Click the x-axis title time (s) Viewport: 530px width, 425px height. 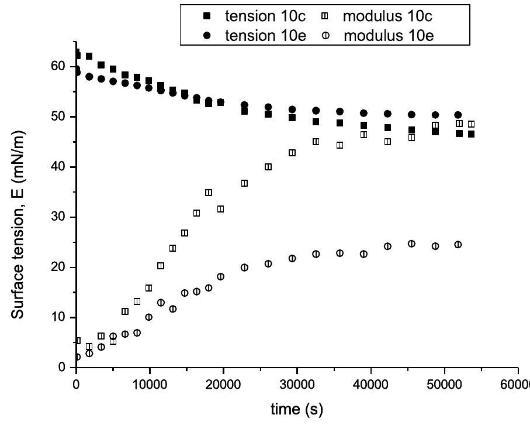pyautogui.click(x=296, y=408)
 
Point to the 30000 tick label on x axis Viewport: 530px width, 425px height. pyautogui.click(x=297, y=383)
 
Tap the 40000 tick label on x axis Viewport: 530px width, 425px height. pyautogui.click(x=370, y=383)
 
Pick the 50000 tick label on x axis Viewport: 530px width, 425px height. pyautogui.click(x=444, y=383)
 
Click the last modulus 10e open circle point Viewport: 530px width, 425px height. pyautogui.click(x=458, y=245)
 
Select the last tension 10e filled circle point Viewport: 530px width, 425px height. pyautogui.click(x=458, y=115)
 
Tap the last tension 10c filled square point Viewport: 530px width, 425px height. pyautogui.click(x=471, y=134)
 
